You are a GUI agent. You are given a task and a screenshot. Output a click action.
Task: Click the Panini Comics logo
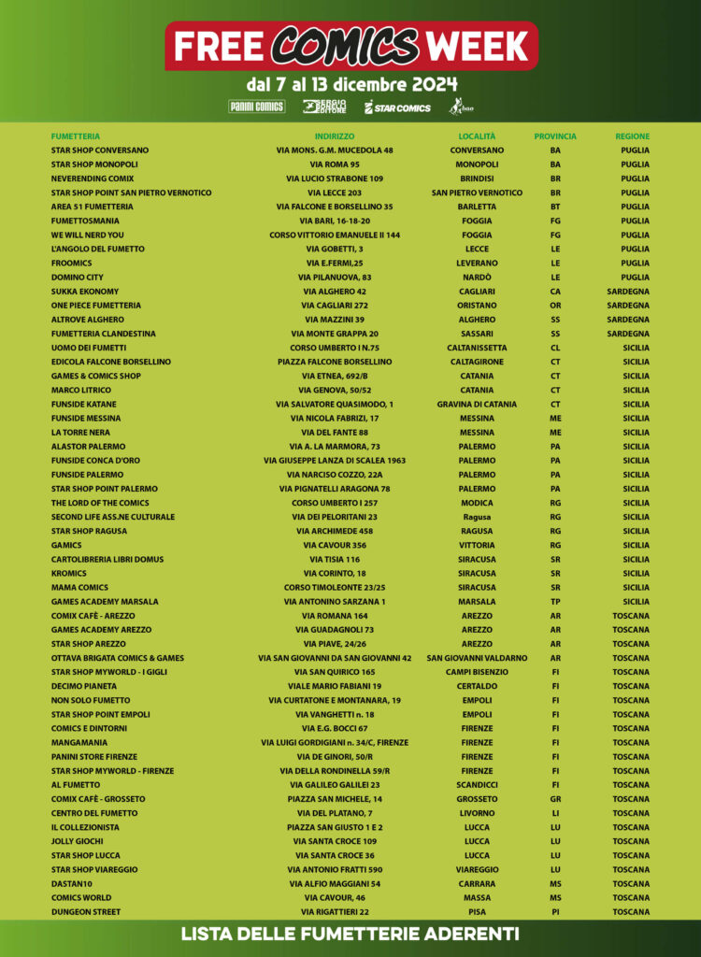[x=257, y=107]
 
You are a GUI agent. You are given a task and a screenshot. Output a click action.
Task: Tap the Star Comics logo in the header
[x=397, y=107]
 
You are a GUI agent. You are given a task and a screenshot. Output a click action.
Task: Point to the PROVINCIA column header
[x=555, y=136]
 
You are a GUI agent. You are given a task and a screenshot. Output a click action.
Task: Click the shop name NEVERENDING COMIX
[x=93, y=179]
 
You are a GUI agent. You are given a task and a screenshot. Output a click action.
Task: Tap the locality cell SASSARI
[x=477, y=334]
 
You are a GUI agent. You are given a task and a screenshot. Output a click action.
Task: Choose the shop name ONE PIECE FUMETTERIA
[x=96, y=306]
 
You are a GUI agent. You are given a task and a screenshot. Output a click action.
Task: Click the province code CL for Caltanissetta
[x=555, y=348]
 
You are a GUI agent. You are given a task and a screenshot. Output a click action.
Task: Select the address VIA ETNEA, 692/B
[x=335, y=376]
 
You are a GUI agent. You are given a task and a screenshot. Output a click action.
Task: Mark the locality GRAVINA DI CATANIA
[x=477, y=404]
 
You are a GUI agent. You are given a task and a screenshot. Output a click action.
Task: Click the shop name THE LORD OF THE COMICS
[x=100, y=503]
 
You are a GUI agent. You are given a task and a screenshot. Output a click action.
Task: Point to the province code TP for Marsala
[x=555, y=602]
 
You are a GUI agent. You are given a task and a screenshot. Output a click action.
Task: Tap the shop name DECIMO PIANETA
[x=85, y=686]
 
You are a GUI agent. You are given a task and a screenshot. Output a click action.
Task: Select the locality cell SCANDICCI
[x=477, y=785]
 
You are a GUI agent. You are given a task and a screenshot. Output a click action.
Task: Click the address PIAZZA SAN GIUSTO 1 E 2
[x=335, y=827]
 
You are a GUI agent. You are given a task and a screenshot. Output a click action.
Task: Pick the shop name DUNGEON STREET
[x=86, y=912]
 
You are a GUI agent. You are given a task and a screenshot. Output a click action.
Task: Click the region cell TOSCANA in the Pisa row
[x=631, y=912]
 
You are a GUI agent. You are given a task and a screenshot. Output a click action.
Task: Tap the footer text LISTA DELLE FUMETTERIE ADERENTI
[x=350, y=935]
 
